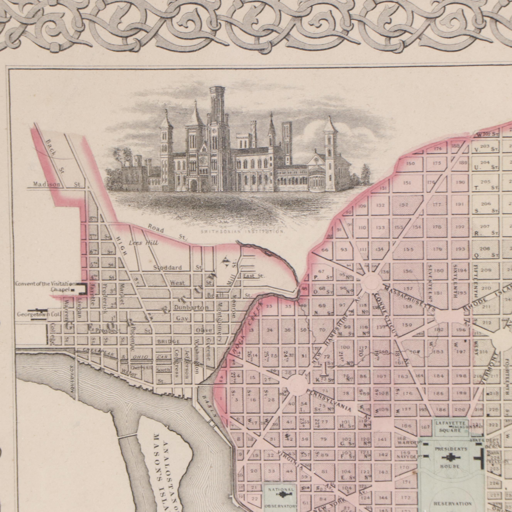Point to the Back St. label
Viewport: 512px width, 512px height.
click(55, 156)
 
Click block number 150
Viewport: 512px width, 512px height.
click(410, 163)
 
